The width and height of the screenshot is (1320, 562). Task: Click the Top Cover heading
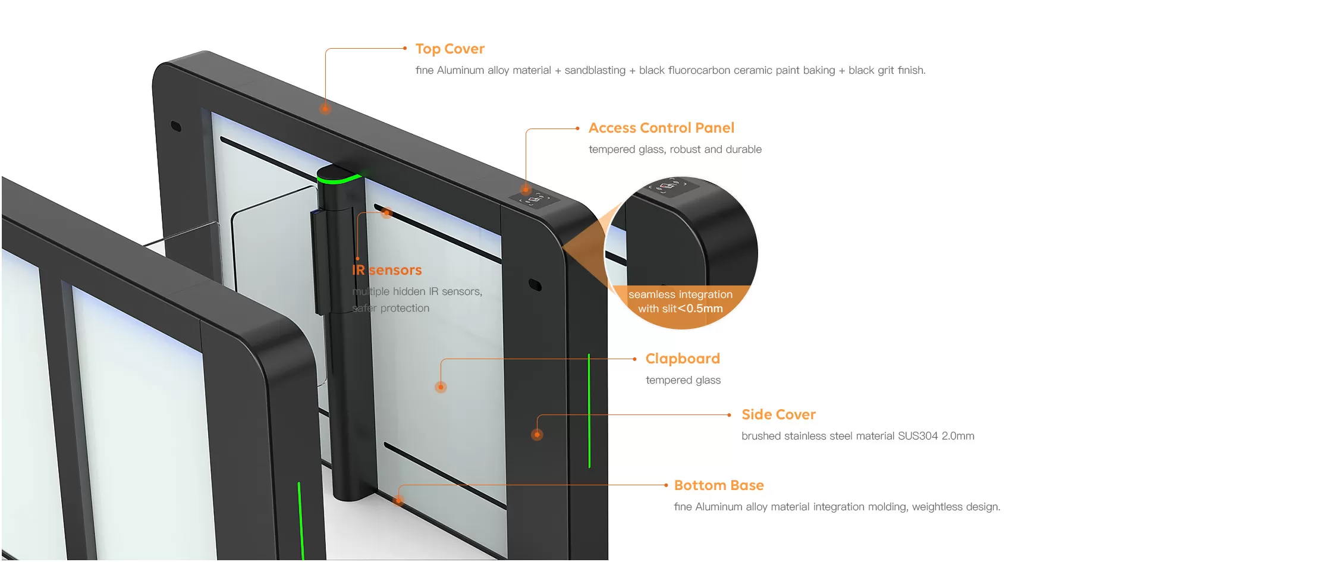tap(450, 49)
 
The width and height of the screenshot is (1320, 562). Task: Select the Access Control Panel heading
tap(661, 128)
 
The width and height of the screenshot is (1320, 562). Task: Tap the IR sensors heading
tap(387, 270)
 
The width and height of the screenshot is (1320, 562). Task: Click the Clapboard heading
tap(683, 359)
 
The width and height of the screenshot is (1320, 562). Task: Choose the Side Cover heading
tap(778, 415)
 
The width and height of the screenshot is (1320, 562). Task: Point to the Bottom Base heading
tap(719, 485)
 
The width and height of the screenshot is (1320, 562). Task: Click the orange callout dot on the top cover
tap(325, 108)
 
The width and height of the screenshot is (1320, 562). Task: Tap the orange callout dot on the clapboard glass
tap(441, 387)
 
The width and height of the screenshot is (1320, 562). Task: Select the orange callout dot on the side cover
tap(537, 435)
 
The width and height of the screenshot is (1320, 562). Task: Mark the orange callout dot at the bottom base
tap(400, 500)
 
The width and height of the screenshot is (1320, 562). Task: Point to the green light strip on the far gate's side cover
tap(589, 410)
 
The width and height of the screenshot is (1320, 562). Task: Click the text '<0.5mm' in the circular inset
tap(701, 309)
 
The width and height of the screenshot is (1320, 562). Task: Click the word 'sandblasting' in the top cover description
tap(595, 70)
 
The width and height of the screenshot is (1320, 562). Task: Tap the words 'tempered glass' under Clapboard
tap(683, 380)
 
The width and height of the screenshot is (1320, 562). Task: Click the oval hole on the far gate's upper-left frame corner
tap(176, 126)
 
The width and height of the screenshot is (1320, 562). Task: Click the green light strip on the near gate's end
tap(301, 520)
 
